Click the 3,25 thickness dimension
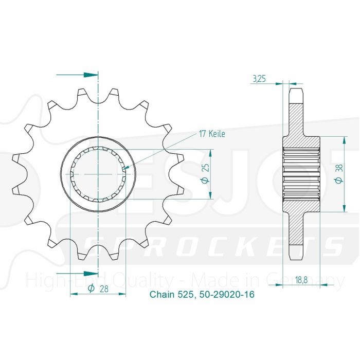tap(259, 79)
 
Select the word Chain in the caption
tap(160, 295)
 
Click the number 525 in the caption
tap(183, 295)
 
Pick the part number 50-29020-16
tap(226, 295)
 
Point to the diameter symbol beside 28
tap(91, 289)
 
